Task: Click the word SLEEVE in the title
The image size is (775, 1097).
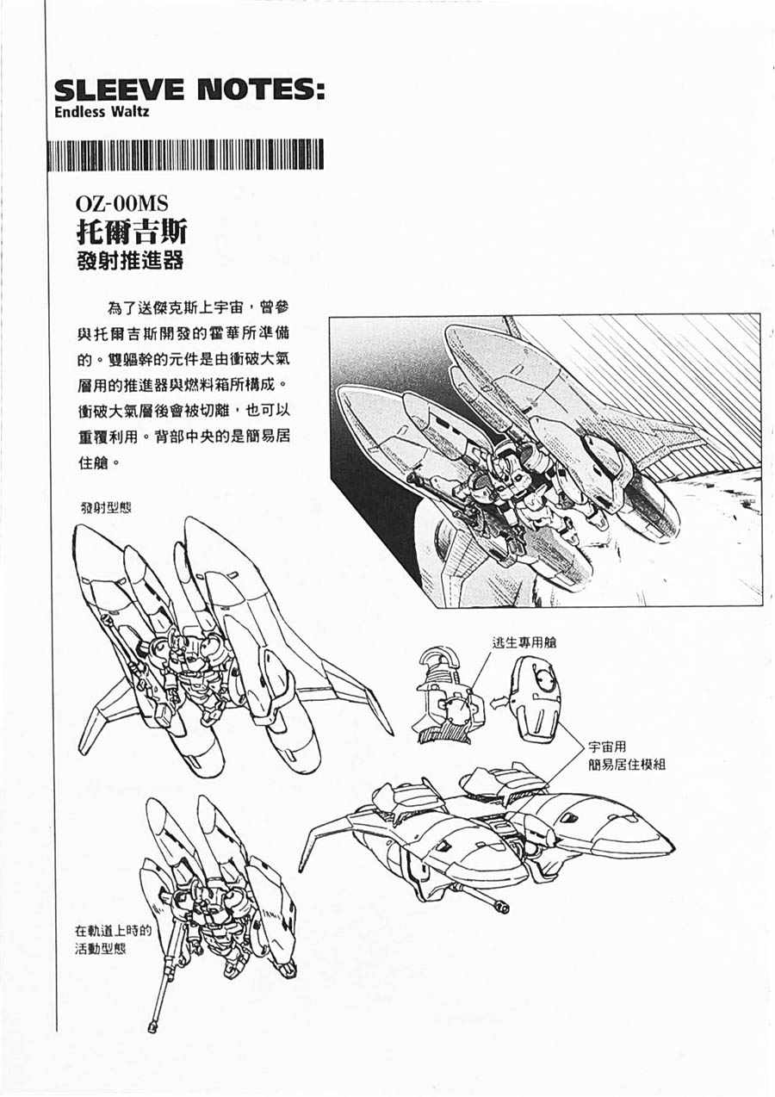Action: (119, 90)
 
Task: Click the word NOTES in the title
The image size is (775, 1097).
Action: (257, 90)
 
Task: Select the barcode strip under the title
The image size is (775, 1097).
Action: (186, 155)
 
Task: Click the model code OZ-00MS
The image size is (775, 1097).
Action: (122, 203)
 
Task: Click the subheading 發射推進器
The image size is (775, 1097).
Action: (130, 261)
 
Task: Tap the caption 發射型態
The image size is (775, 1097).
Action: (106, 508)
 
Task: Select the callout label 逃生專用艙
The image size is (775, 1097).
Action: (524, 642)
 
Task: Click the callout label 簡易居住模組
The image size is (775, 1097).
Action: (627, 764)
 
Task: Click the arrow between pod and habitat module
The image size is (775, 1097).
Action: (499, 703)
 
